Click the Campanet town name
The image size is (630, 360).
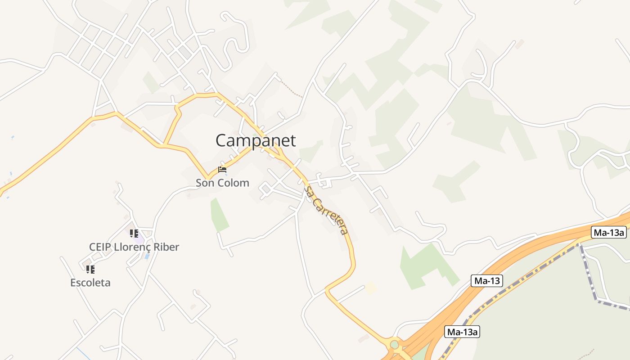click(x=256, y=140)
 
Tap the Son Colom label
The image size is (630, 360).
click(x=222, y=183)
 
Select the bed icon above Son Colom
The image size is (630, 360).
click(x=222, y=170)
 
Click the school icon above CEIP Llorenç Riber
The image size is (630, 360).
click(x=134, y=234)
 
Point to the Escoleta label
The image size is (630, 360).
click(x=90, y=283)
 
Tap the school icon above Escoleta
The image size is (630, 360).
click(x=90, y=270)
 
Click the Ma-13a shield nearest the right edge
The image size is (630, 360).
click(x=609, y=232)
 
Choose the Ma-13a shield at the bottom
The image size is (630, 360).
click(x=462, y=332)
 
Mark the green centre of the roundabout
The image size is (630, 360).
click(x=395, y=345)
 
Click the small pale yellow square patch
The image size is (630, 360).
click(x=371, y=288)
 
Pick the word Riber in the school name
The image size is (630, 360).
click(x=167, y=247)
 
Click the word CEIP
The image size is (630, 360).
click(x=100, y=247)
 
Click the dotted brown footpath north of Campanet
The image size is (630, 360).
click(x=292, y=90)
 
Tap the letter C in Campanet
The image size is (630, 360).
click(x=222, y=140)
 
